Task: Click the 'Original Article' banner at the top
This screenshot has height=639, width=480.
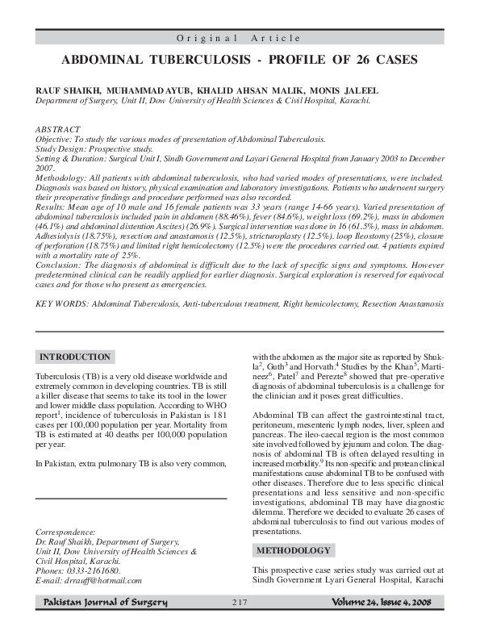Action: coord(240,38)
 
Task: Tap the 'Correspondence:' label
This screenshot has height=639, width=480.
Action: coord(67,532)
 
